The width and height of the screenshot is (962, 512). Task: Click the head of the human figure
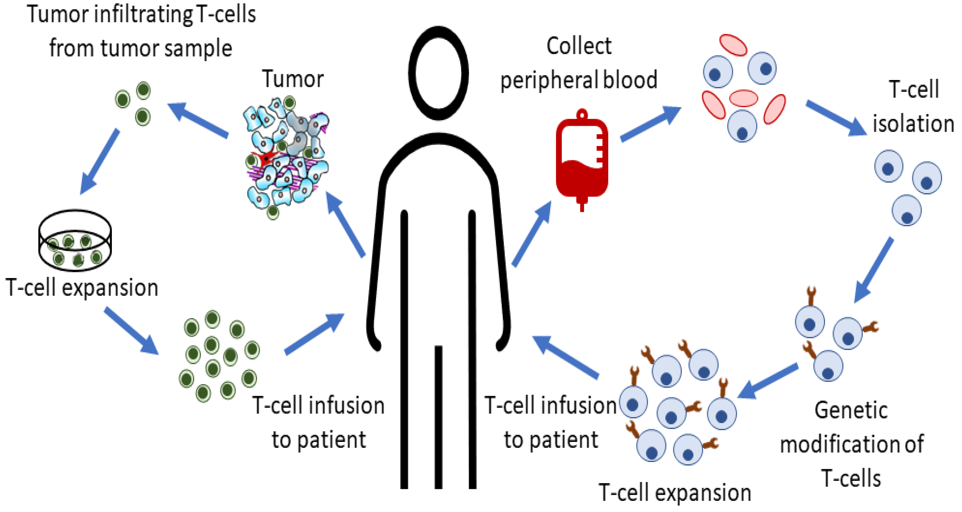click(x=438, y=73)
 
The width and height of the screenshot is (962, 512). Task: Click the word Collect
click(x=579, y=47)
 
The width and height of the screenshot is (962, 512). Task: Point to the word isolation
click(x=913, y=124)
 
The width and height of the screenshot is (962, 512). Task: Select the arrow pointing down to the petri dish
click(x=99, y=162)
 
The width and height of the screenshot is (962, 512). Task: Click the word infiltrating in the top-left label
click(x=143, y=15)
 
